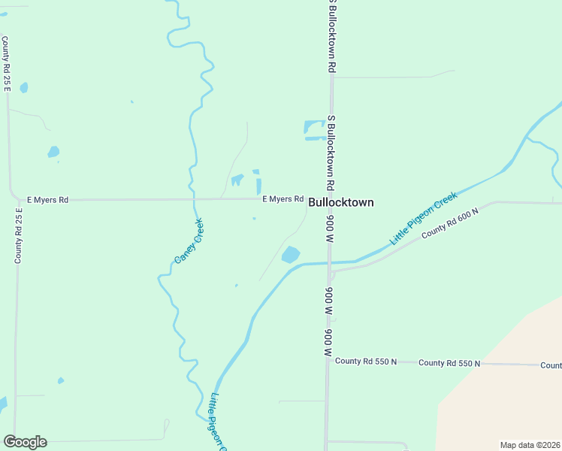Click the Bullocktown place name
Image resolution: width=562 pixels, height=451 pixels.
pos(340,202)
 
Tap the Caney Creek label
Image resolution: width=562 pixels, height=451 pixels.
pos(189,241)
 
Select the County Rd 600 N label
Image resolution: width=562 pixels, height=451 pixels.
pos(449,223)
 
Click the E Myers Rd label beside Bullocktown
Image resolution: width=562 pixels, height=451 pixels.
pos(283,199)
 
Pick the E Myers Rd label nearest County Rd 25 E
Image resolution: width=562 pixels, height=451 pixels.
pos(47,200)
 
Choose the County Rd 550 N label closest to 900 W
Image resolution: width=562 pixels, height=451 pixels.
pos(366,362)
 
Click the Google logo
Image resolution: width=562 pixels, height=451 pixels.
pos(25,442)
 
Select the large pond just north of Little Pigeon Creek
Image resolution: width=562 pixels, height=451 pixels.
pos(290,255)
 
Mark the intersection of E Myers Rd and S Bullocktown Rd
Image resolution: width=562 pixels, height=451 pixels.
pos(331,198)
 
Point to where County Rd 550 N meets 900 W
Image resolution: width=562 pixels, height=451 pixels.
pos(328,362)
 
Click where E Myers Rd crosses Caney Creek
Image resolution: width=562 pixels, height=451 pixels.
pos(193,199)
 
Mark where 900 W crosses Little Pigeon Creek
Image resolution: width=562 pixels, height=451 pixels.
pos(329,263)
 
